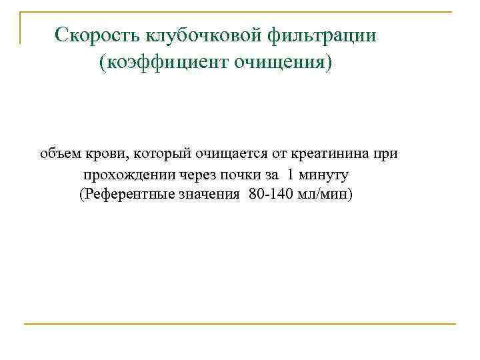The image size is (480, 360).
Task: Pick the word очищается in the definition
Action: pos(231,154)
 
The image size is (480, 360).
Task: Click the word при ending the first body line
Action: pos(385,154)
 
